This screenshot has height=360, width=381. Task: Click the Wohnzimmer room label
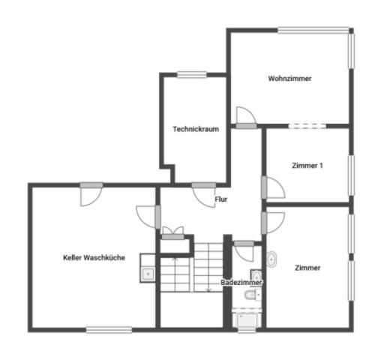click(x=289, y=79)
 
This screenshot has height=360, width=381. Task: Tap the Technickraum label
click(x=196, y=129)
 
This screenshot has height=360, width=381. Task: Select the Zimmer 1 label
click(x=307, y=166)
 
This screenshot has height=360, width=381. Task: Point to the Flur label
click(x=221, y=199)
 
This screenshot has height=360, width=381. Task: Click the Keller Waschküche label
click(x=94, y=257)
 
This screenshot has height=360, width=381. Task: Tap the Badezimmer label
click(x=241, y=283)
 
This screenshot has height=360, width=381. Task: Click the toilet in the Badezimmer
click(x=253, y=295)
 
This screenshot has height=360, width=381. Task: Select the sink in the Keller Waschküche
click(x=148, y=274)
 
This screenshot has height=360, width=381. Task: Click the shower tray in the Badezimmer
click(x=247, y=319)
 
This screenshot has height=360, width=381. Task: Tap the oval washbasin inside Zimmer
click(x=271, y=259)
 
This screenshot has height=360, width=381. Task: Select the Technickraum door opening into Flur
click(x=204, y=196)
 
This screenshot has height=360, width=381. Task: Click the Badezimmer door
click(x=244, y=251)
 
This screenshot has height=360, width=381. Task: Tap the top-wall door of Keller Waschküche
click(x=91, y=194)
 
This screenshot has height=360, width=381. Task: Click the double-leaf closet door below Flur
click(x=173, y=233)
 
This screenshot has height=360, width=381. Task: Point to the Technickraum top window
click(x=192, y=74)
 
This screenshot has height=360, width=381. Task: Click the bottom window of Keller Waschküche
click(x=109, y=330)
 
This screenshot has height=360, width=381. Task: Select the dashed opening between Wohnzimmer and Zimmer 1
click(x=307, y=126)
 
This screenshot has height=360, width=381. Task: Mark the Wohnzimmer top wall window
click(x=313, y=30)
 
